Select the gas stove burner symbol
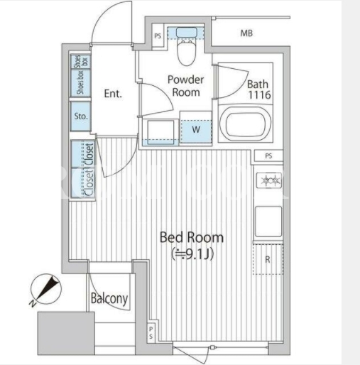(269, 180)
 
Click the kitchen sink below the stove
(268, 222)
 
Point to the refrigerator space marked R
(268, 259)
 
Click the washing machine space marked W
(196, 131)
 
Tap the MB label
(246, 33)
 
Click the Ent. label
(113, 94)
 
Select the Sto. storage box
(81, 116)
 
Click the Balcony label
(109, 299)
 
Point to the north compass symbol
(45, 289)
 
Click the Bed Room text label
(192, 237)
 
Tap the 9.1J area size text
(192, 254)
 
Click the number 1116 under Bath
(259, 95)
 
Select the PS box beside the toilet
(158, 36)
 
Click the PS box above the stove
(268, 156)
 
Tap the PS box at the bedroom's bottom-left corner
(151, 332)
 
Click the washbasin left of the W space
(161, 131)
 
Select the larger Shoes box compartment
(81, 82)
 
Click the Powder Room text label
(186, 86)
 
